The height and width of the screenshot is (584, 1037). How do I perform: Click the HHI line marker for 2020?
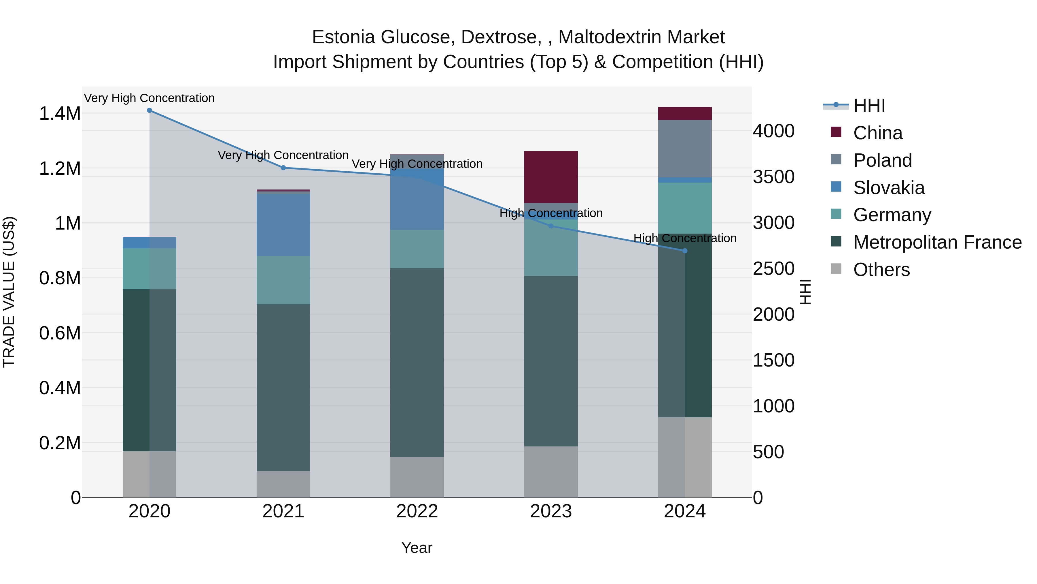click(149, 110)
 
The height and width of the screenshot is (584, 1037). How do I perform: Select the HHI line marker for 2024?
click(685, 251)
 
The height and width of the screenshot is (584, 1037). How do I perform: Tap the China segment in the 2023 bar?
click(551, 177)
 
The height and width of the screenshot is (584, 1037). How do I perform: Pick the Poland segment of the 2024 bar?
click(685, 148)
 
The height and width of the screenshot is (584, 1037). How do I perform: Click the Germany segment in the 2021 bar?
click(283, 280)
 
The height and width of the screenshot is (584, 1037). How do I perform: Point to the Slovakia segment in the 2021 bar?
click(283, 225)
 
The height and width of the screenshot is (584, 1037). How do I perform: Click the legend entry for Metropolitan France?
click(937, 242)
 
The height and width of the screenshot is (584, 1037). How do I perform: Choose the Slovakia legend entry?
click(889, 188)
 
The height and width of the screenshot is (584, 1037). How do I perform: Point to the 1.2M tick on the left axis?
click(60, 168)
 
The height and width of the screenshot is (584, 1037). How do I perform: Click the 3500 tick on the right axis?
click(773, 177)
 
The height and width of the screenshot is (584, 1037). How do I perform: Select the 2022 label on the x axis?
click(417, 511)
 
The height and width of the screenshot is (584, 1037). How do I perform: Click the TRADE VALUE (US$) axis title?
click(9, 292)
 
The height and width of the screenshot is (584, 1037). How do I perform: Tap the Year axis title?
click(417, 548)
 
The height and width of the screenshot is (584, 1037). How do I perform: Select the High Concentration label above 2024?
click(685, 238)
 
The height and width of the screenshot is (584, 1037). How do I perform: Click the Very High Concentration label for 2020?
click(149, 98)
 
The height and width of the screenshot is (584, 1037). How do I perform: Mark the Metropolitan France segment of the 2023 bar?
click(551, 361)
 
